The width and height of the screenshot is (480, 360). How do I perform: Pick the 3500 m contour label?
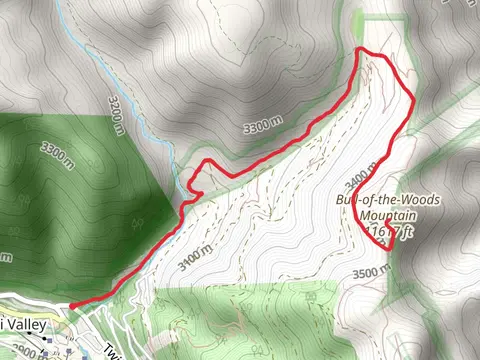(369, 271)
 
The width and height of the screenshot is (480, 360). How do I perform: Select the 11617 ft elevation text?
(391, 231)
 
